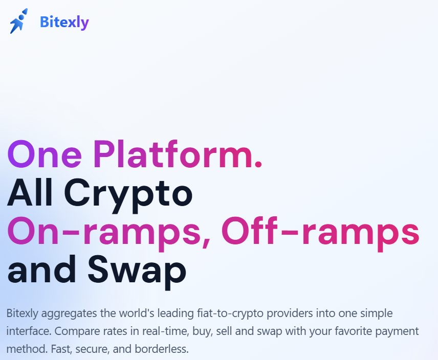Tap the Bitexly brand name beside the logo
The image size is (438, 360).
pos(64,22)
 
